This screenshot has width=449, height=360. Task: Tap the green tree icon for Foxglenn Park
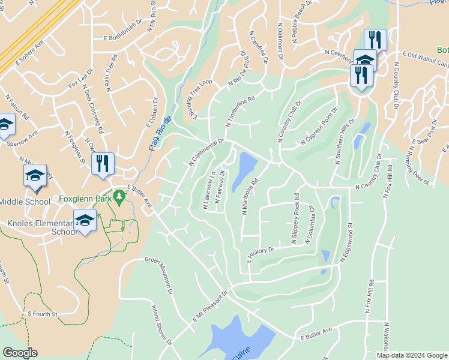(119, 196)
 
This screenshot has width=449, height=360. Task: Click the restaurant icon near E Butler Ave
(103, 163)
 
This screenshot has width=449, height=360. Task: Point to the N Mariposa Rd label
(249, 196)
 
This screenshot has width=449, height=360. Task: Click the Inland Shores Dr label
(161, 324)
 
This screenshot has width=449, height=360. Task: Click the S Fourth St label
(42, 314)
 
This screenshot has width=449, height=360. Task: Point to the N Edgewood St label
(346, 241)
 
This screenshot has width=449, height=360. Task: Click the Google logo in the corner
(20, 353)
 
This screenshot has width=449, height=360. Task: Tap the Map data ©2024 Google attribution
(412, 355)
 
